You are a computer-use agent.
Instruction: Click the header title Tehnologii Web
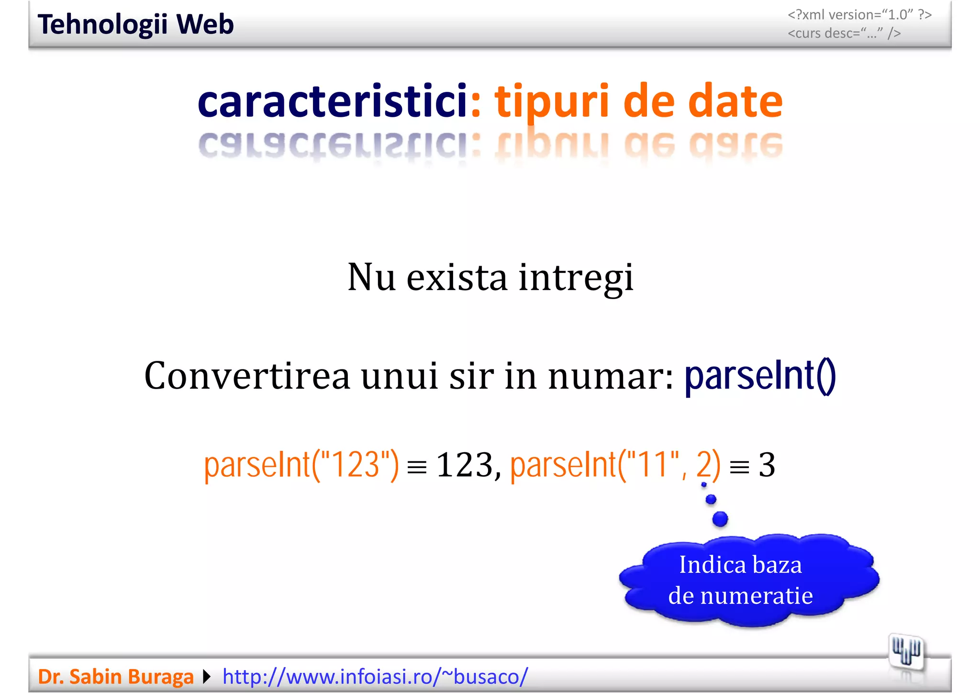tap(135, 24)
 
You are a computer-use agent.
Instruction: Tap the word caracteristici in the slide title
tap(332, 101)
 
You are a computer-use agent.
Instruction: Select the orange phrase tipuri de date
tap(638, 101)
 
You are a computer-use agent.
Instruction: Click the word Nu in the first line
tap(371, 278)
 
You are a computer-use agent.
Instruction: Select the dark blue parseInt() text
tap(760, 376)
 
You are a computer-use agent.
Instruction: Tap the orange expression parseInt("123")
tap(301, 465)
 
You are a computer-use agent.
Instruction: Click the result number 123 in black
tap(465, 465)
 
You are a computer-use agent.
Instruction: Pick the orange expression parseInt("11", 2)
tap(615, 465)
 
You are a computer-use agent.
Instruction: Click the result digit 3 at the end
tap(767, 465)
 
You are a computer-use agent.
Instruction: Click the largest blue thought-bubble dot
tap(720, 519)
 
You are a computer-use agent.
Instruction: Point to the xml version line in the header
tap(859, 15)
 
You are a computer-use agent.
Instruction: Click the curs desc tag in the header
tap(844, 34)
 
